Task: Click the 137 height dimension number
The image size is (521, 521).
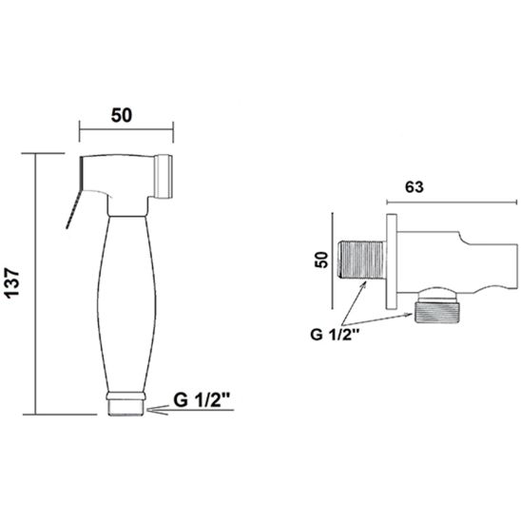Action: [x=13, y=282]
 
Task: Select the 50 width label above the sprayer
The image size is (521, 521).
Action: [x=122, y=115]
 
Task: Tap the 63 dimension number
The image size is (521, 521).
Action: [x=415, y=187]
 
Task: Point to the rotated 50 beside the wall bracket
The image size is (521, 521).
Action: [x=321, y=260]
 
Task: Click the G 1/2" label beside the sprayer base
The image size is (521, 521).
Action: [x=202, y=400]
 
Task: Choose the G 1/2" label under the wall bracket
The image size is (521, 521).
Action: [x=335, y=334]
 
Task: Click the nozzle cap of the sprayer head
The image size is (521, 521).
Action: [x=163, y=177]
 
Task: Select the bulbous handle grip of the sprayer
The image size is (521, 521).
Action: [x=127, y=304]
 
